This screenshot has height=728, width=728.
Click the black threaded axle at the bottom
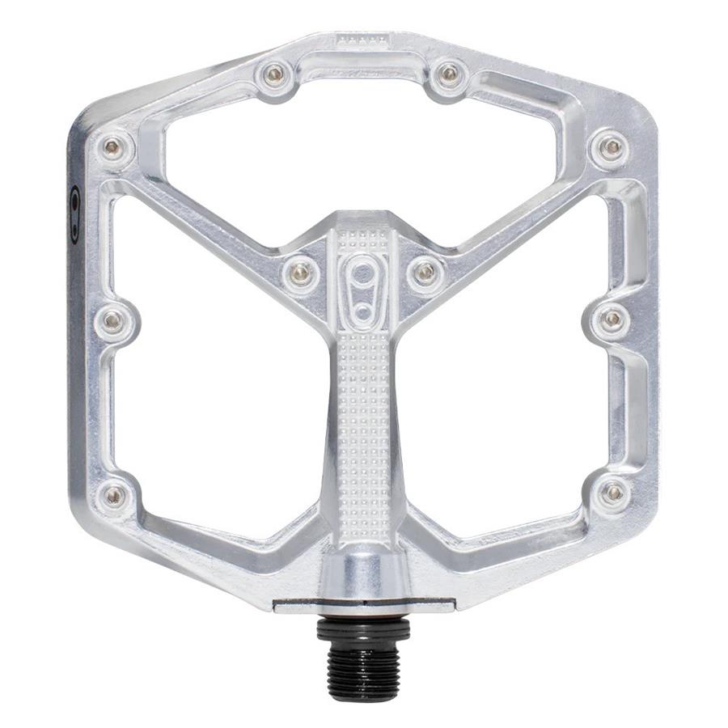pyautogui.click(x=363, y=650)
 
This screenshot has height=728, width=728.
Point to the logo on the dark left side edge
pyautogui.click(x=75, y=214)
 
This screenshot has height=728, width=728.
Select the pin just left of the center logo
pyautogui.click(x=301, y=271)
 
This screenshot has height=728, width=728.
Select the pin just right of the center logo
pyautogui.click(x=424, y=271)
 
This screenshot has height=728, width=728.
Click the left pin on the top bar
pyautogui.click(x=275, y=74)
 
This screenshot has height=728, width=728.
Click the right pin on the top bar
pyautogui.click(x=449, y=75)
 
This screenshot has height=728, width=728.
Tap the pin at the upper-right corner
pyautogui.click(x=613, y=146)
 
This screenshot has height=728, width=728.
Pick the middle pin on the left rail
pyautogui.click(x=112, y=320)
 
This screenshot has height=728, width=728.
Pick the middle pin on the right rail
pyautogui.click(x=613, y=319)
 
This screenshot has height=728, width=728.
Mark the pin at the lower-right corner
pyautogui.click(x=613, y=491)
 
